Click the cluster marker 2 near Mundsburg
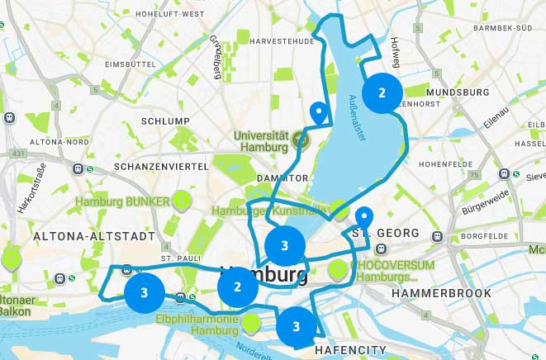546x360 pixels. tap(382, 93)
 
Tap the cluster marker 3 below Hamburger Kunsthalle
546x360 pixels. tap(284, 245)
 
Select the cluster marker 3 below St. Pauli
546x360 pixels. tap(144, 292)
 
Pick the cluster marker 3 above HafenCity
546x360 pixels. tap(296, 325)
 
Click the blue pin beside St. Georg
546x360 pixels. tap(363, 218)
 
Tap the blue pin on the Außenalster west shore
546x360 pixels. tap(318, 113)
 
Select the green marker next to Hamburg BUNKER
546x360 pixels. tap(181, 200)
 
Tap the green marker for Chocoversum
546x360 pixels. tap(337, 270)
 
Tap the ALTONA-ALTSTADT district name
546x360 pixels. tap(94, 236)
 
